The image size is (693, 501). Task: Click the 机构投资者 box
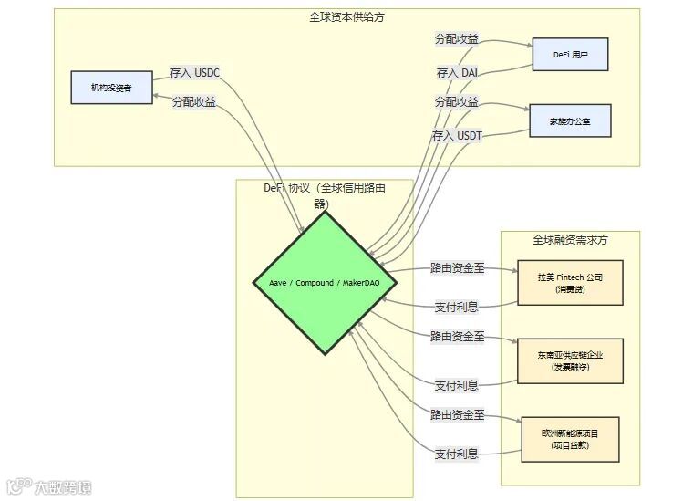(x=111, y=88)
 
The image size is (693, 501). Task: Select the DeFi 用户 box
(x=570, y=55)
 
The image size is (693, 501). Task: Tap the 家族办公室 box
(x=570, y=120)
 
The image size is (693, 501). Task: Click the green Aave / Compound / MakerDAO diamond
(x=325, y=283)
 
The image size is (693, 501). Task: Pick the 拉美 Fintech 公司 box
(x=570, y=282)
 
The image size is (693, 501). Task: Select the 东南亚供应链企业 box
(x=570, y=360)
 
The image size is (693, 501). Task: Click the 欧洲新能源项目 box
(x=570, y=439)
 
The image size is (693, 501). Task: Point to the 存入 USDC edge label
(x=194, y=72)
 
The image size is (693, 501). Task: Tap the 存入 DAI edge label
(x=457, y=72)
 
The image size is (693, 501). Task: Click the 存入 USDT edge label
(x=457, y=135)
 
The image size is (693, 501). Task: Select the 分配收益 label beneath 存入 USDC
(x=194, y=102)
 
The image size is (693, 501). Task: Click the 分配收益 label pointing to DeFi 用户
(x=457, y=39)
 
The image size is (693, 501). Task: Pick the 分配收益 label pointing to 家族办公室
(x=457, y=102)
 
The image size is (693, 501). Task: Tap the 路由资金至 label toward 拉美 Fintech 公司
(x=457, y=268)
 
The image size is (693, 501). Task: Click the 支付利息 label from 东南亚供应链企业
(x=457, y=385)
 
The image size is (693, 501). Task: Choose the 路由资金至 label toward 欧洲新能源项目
(x=457, y=415)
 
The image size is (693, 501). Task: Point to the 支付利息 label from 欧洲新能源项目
(x=457, y=454)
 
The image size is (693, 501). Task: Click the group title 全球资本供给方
(x=346, y=17)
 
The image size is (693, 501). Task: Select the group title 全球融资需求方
(x=570, y=240)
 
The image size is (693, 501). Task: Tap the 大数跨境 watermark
(x=50, y=486)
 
